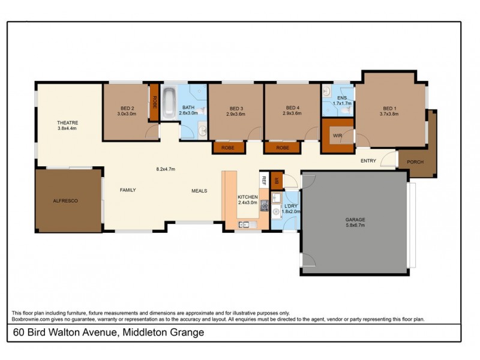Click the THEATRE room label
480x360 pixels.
coord(67,122)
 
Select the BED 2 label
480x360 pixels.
coord(125,109)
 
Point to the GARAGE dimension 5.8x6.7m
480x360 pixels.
coord(355,225)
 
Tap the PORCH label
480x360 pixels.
coord(415,163)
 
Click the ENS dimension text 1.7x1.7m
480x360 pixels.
coord(343,103)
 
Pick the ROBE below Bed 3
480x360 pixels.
coord(228,148)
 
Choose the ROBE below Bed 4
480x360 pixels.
coord(283,148)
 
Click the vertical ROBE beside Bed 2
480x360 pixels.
coord(154,102)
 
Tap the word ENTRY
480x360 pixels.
coord(368,161)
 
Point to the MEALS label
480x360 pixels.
coord(199,191)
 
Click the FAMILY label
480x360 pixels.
coord(127,190)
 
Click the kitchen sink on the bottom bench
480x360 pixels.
coord(245,225)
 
